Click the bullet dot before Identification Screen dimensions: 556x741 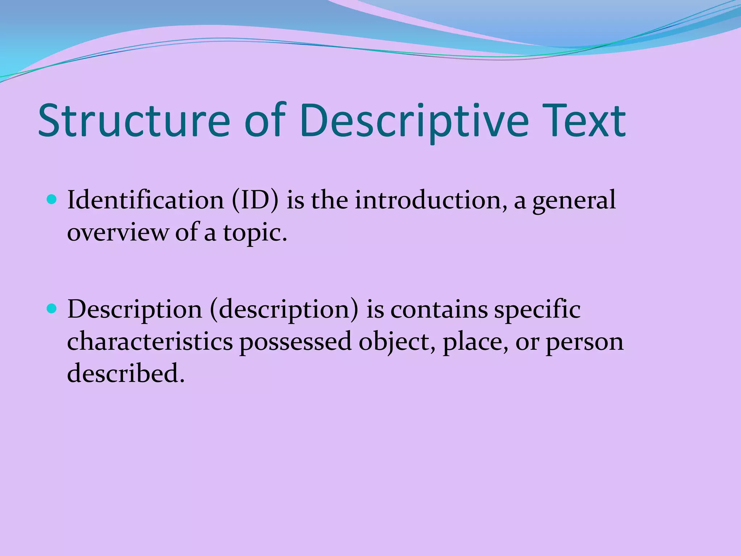[x=52, y=199]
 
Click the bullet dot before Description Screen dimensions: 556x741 [x=52, y=309]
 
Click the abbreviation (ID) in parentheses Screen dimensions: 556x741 [x=255, y=200]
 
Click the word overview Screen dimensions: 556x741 [x=118, y=232]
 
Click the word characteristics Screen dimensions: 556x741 [x=150, y=341]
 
